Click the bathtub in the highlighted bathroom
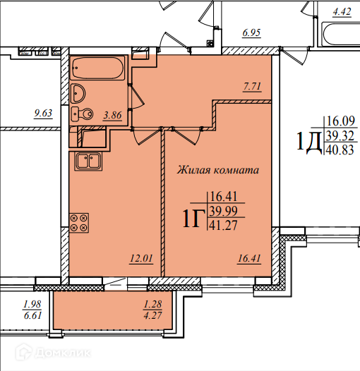97,68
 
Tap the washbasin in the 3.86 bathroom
78,93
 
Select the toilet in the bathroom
82,114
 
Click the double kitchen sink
88,161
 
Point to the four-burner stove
79,223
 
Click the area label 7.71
252,87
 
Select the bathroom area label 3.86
112,116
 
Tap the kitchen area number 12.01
141,259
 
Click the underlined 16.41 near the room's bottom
249,259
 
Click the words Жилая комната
218,170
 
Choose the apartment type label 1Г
193,219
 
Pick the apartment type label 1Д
308,141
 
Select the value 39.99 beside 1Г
224,211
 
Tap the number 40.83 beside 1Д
340,150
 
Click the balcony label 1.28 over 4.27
152,310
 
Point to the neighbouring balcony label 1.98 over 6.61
32,310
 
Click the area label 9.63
43,114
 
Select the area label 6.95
251,32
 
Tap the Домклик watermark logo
54,353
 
